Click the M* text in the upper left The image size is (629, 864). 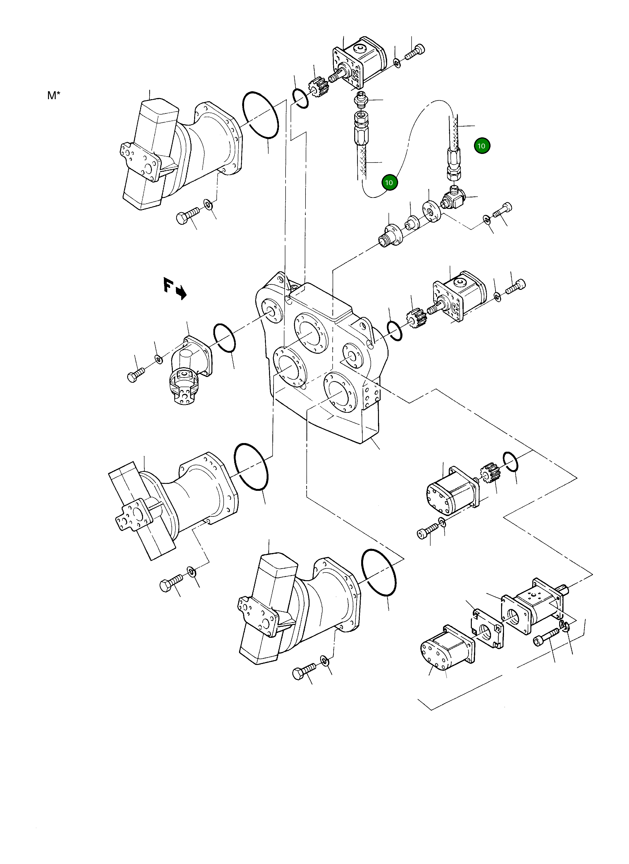pyautogui.click(x=54, y=96)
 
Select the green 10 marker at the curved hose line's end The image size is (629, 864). pyautogui.click(x=389, y=183)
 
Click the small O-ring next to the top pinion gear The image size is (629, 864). pyautogui.click(x=300, y=98)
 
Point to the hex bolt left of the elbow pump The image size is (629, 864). pyautogui.click(x=136, y=374)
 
